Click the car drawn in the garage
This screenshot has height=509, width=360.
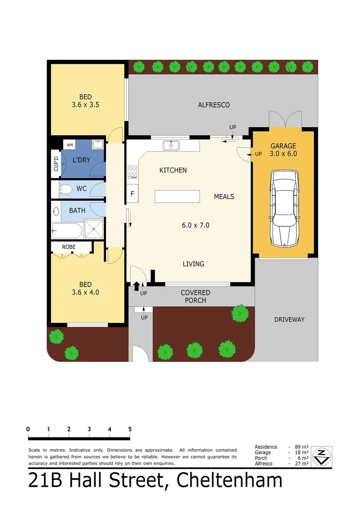click(x=284, y=208)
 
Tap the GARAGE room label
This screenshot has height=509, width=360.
click(x=283, y=146)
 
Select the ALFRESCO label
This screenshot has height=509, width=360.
click(x=213, y=105)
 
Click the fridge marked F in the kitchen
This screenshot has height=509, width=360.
click(x=132, y=194)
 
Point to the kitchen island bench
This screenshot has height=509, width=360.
click(x=177, y=196)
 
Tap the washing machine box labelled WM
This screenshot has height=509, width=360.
click(x=70, y=145)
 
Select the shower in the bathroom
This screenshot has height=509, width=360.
click(x=95, y=231)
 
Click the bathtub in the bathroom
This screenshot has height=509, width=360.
click(x=67, y=231)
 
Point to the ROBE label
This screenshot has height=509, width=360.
click(x=69, y=246)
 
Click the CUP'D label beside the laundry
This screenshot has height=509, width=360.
click(x=56, y=164)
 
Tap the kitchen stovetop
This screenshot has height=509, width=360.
click(x=132, y=172)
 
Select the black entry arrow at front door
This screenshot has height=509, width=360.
click(x=137, y=285)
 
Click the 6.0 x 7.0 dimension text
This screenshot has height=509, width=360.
click(x=196, y=225)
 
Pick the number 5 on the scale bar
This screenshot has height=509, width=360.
click(x=130, y=429)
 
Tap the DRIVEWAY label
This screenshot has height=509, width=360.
click(x=289, y=320)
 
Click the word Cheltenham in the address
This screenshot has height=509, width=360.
click(x=229, y=480)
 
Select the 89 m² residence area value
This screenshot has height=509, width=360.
click(x=302, y=447)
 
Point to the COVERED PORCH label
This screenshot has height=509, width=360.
click(x=195, y=296)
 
